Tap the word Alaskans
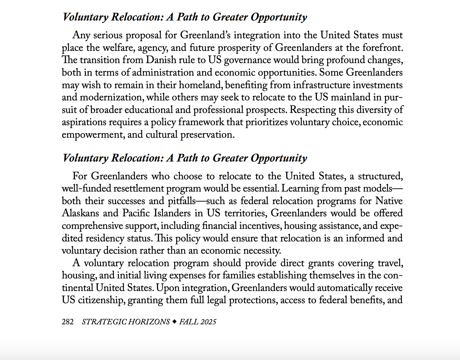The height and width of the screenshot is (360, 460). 80,213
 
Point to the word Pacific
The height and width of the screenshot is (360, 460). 136,213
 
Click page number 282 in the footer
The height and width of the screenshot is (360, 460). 68,322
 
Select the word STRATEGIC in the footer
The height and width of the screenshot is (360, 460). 104,322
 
